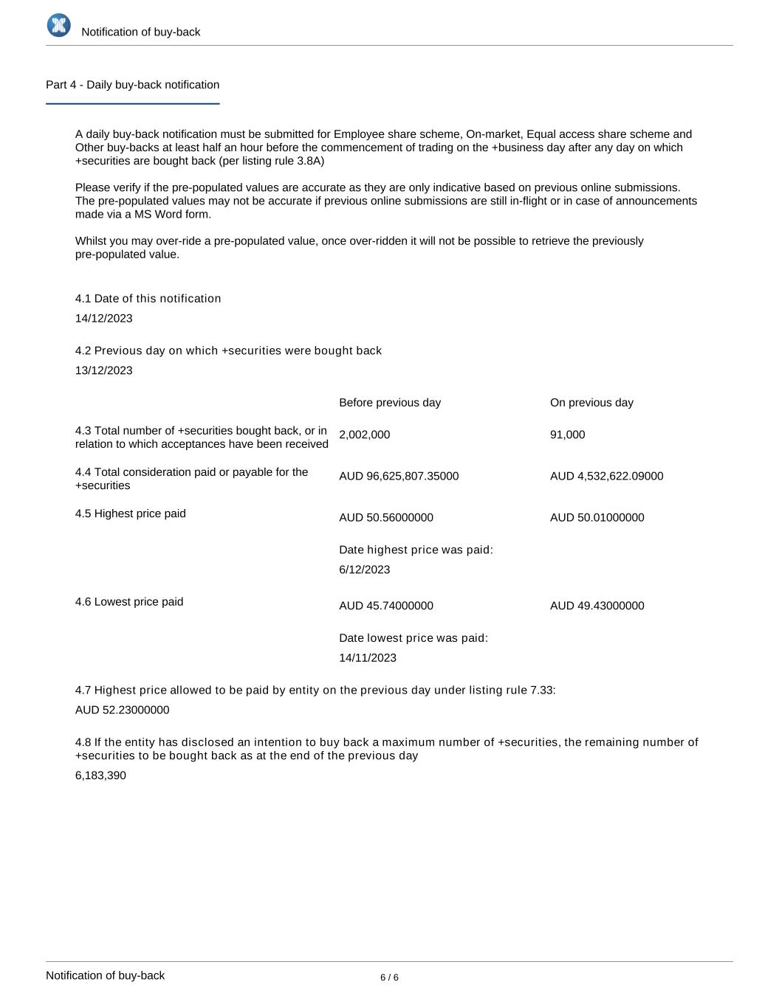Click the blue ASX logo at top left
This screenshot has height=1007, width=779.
pos(59,26)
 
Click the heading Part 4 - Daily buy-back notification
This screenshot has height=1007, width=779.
pos(132,85)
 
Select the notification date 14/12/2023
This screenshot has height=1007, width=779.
pos(104,319)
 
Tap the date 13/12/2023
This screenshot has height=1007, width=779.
pos(104,370)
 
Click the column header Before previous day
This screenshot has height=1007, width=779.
pos(390,403)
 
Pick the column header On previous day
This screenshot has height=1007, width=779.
pos(591,403)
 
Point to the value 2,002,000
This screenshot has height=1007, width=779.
pos(364,435)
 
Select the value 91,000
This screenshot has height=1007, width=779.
pos(567,435)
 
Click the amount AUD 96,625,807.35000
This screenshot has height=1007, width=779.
pos(399,476)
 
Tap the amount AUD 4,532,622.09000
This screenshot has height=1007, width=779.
pos(606,476)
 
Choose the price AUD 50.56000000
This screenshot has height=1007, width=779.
pos(386,517)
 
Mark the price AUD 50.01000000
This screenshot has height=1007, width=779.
pos(597,517)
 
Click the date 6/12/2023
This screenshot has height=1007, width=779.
pos(365,570)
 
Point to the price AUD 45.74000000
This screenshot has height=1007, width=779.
pos(386,606)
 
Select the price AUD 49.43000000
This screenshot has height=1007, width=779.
pos(597,606)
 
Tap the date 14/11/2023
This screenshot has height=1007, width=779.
pos(368,658)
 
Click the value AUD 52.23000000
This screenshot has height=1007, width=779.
pos(122,710)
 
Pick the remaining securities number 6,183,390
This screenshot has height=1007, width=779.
pos(100,776)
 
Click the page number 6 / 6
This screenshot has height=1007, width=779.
pos(389,977)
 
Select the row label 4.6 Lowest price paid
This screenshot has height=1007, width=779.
pos(129,602)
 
